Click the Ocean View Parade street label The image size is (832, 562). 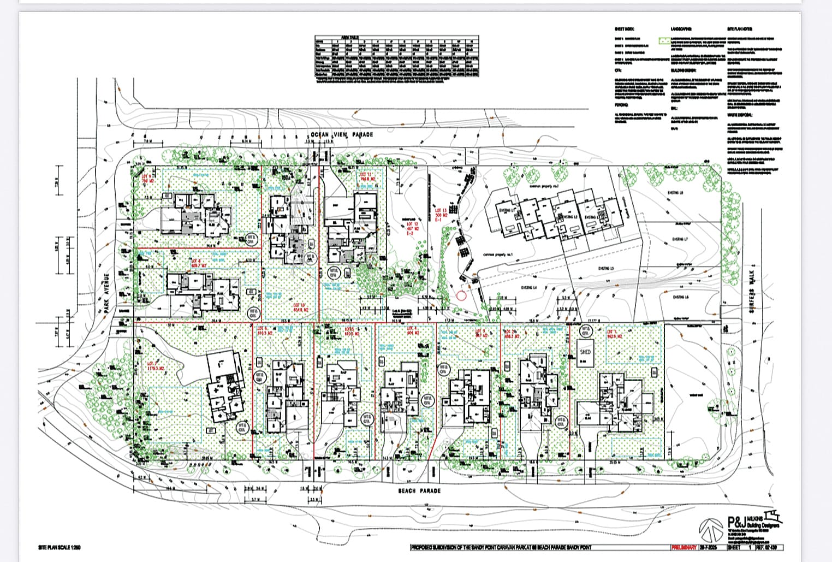(342, 134)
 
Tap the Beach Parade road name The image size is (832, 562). (419, 491)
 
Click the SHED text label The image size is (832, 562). (585, 352)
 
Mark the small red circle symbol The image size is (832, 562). (461, 296)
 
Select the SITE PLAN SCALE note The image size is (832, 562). (60, 547)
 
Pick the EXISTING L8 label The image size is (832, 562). (675, 193)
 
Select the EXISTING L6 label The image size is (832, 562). (680, 297)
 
